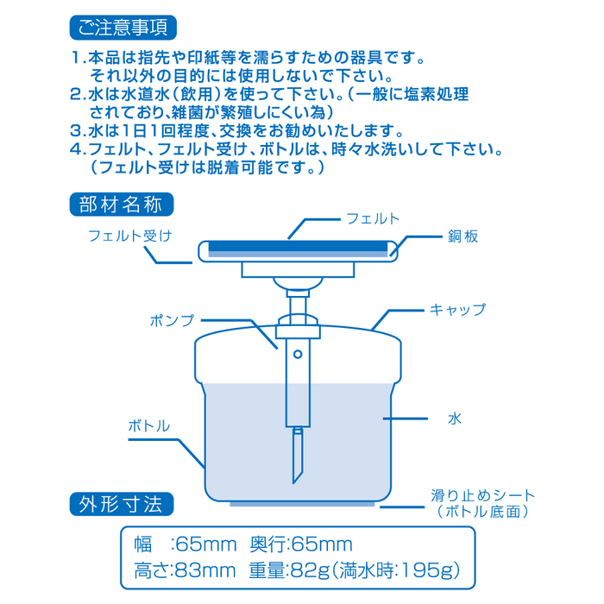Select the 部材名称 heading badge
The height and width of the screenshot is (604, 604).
[x=122, y=205]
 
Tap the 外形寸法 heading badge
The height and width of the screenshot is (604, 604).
[x=122, y=502]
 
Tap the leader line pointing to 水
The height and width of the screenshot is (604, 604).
[x=406, y=419]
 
